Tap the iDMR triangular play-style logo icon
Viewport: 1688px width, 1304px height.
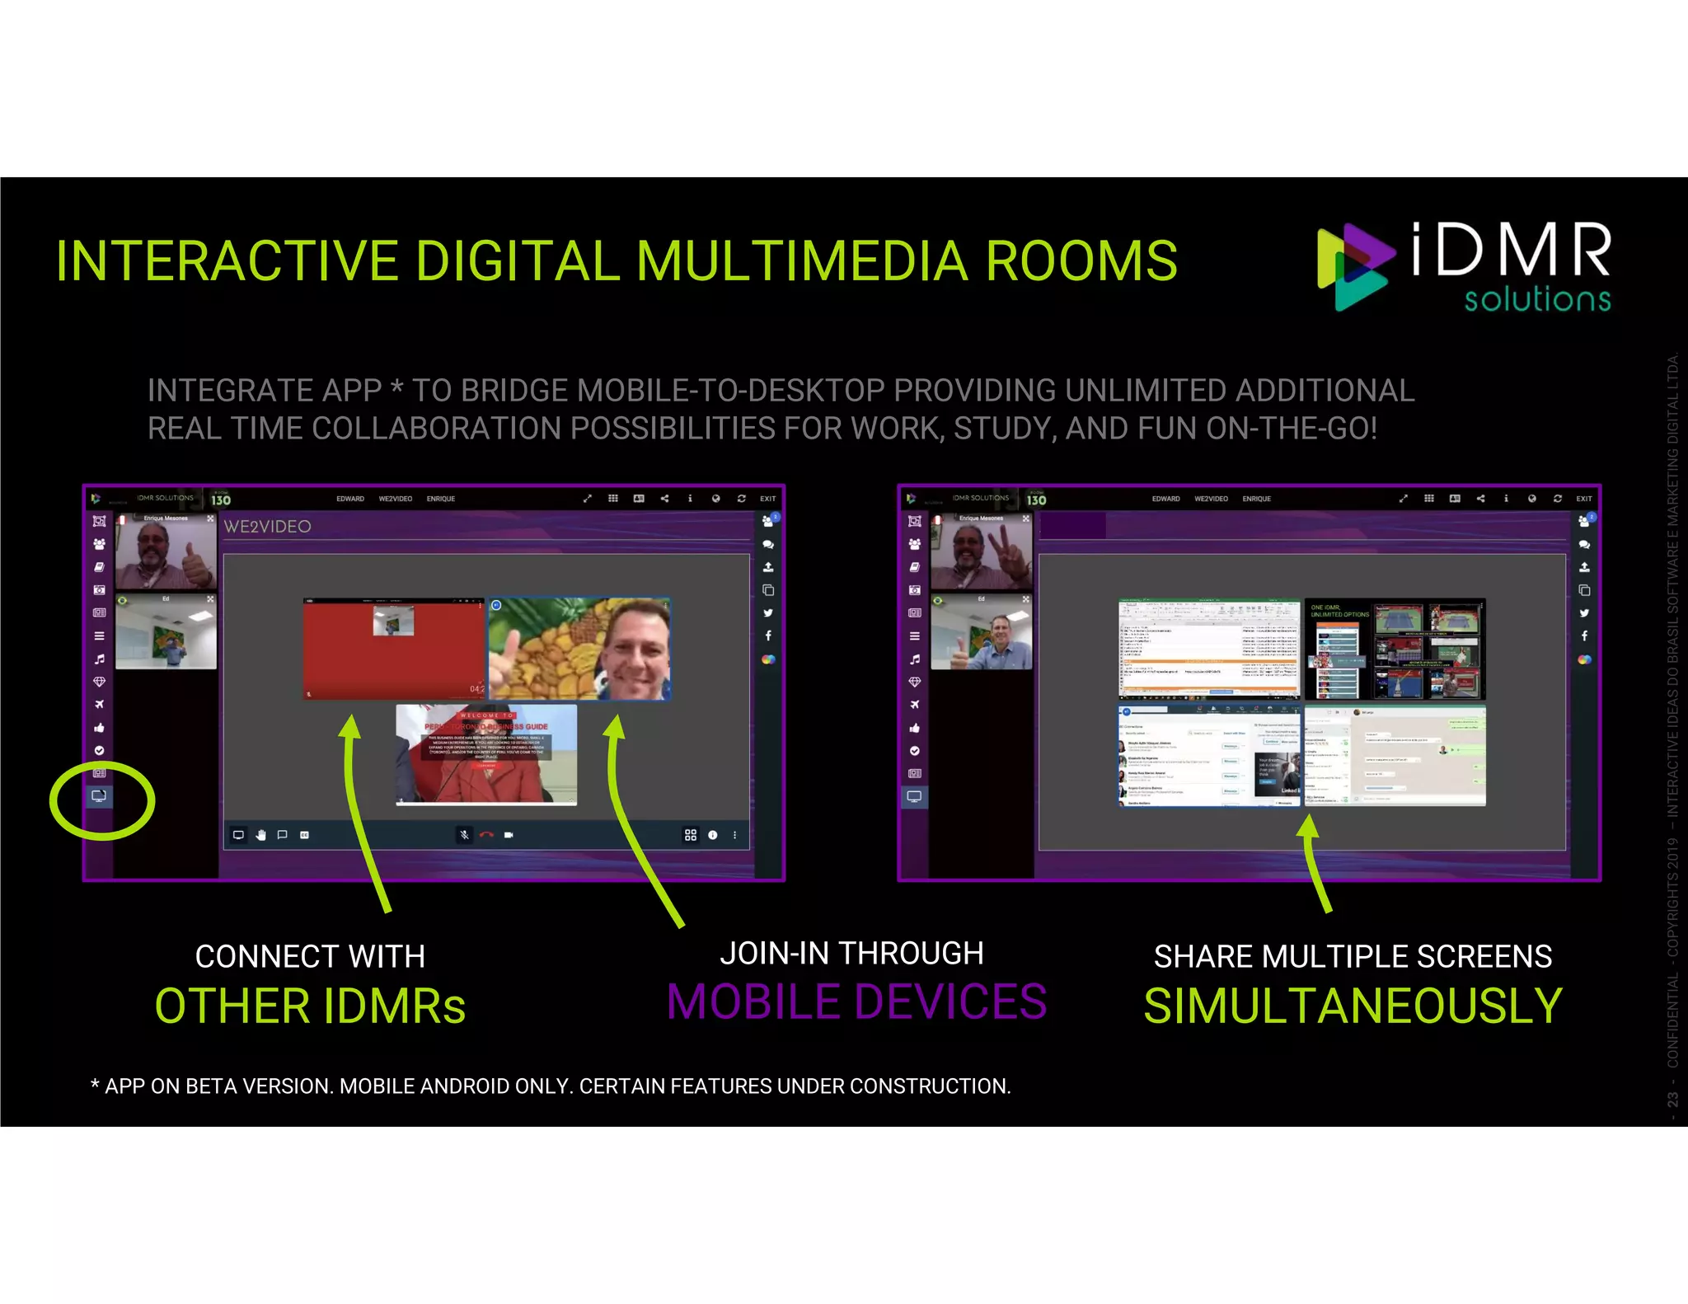click(1353, 265)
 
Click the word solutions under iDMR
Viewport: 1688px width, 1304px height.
click(1537, 298)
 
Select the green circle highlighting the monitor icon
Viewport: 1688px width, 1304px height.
click(101, 800)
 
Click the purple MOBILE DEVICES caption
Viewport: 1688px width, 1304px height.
click(856, 1001)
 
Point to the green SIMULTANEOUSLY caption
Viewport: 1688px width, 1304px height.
click(1353, 1006)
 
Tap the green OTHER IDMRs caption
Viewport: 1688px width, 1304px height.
click(310, 1006)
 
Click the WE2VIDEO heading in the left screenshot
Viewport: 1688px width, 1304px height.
click(267, 527)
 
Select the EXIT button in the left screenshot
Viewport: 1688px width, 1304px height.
click(767, 499)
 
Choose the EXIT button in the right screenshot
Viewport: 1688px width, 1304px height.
click(1583, 499)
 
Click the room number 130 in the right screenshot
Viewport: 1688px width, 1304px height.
click(1036, 500)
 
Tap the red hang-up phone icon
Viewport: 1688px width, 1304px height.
click(486, 835)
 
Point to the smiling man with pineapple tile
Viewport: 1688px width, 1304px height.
click(579, 649)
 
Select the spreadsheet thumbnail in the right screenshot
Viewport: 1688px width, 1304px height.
click(1208, 649)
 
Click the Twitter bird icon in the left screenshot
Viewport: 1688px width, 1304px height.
click(768, 613)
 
